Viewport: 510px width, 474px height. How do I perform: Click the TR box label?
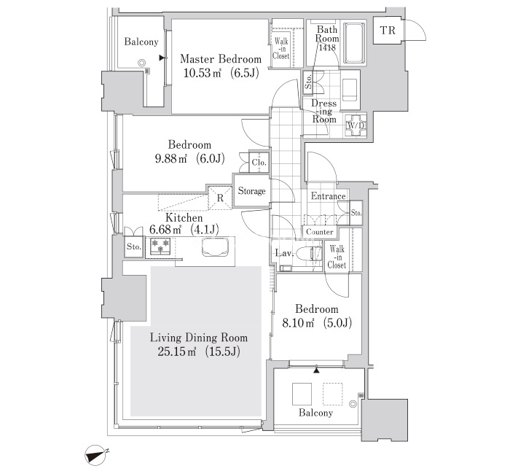388,31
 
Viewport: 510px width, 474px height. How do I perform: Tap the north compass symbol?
96,454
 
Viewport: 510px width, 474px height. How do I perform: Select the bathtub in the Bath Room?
354,43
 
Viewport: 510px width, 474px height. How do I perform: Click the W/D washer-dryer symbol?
356,125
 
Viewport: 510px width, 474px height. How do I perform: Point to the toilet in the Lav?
309,253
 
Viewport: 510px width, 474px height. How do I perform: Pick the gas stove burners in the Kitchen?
160,245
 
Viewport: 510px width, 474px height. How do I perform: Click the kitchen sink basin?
216,248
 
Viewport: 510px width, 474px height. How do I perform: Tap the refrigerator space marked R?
220,198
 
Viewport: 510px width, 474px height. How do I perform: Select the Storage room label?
251,191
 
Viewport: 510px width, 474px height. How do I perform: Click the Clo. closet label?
259,162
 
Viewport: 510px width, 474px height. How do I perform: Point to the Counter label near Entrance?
320,232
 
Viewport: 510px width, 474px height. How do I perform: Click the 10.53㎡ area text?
203,73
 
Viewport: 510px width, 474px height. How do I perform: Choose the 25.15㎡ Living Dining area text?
176,351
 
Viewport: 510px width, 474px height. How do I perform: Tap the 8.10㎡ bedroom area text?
298,323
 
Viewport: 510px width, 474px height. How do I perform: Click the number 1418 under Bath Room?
327,48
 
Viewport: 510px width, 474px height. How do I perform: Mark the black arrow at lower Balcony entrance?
316,370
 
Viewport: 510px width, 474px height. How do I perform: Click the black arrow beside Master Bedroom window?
162,58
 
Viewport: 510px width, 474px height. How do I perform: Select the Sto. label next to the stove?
133,247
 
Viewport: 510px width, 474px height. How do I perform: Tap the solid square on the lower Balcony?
302,394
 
